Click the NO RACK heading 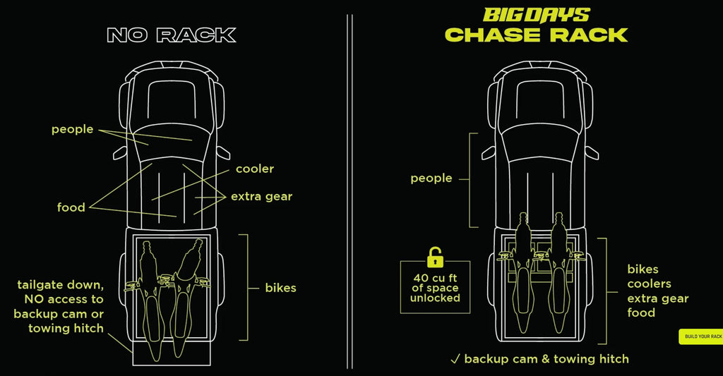[172, 35]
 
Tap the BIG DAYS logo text [537, 16]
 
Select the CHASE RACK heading [537, 35]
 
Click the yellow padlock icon [435, 257]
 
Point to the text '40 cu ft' [435, 278]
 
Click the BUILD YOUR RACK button [701, 336]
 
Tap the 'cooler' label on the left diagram [254, 169]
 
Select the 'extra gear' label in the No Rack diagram [261, 197]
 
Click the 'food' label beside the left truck [71, 207]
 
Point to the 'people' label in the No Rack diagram [73, 130]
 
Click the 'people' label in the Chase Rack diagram [431, 178]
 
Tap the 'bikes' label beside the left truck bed [280, 288]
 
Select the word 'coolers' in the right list [650, 284]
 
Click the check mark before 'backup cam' [455, 359]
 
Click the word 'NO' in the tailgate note [34, 299]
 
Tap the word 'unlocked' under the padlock [435, 298]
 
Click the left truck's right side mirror [222, 152]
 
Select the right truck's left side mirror [489, 152]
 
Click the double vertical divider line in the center [349, 191]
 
